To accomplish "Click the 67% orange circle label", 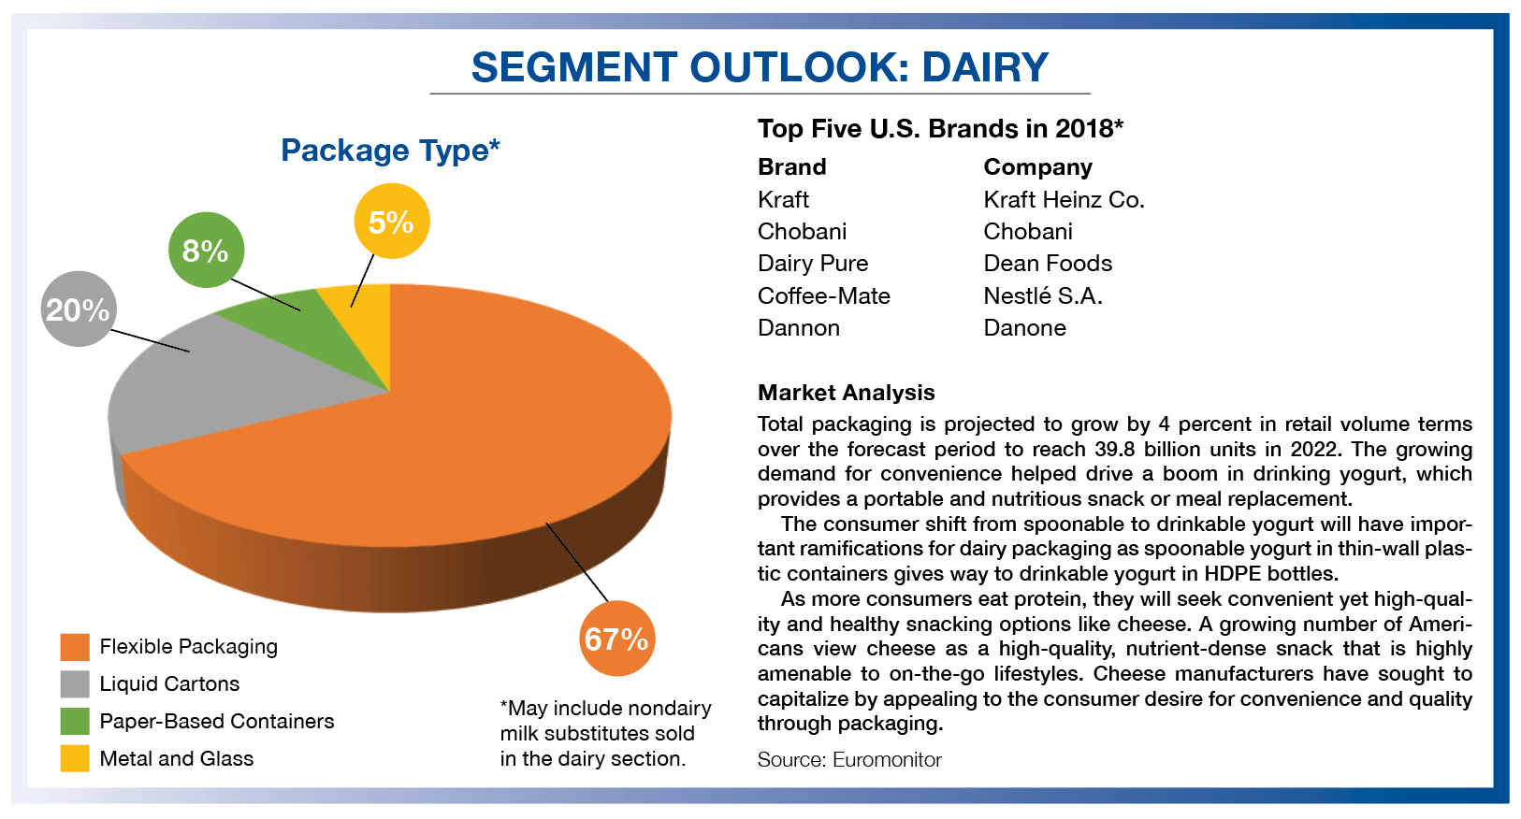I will (x=616, y=639).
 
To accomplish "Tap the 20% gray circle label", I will (x=79, y=309).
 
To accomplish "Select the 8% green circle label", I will (x=206, y=251).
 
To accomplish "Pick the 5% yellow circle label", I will (x=391, y=223).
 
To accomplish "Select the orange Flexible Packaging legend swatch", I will (x=75, y=647).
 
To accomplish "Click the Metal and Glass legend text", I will (x=177, y=759).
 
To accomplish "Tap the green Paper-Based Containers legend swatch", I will (x=75, y=722).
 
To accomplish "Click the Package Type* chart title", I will (x=390, y=151).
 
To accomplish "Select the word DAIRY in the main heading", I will (x=985, y=67).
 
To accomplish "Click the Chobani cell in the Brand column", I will (x=802, y=232).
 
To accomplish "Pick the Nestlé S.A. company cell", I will (x=1042, y=296).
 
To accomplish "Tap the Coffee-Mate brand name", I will (x=823, y=296).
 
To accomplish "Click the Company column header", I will (x=1037, y=167).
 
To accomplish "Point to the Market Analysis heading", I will (x=846, y=393).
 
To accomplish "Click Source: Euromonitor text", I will (x=848, y=760).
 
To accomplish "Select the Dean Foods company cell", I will (x=1047, y=264).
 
